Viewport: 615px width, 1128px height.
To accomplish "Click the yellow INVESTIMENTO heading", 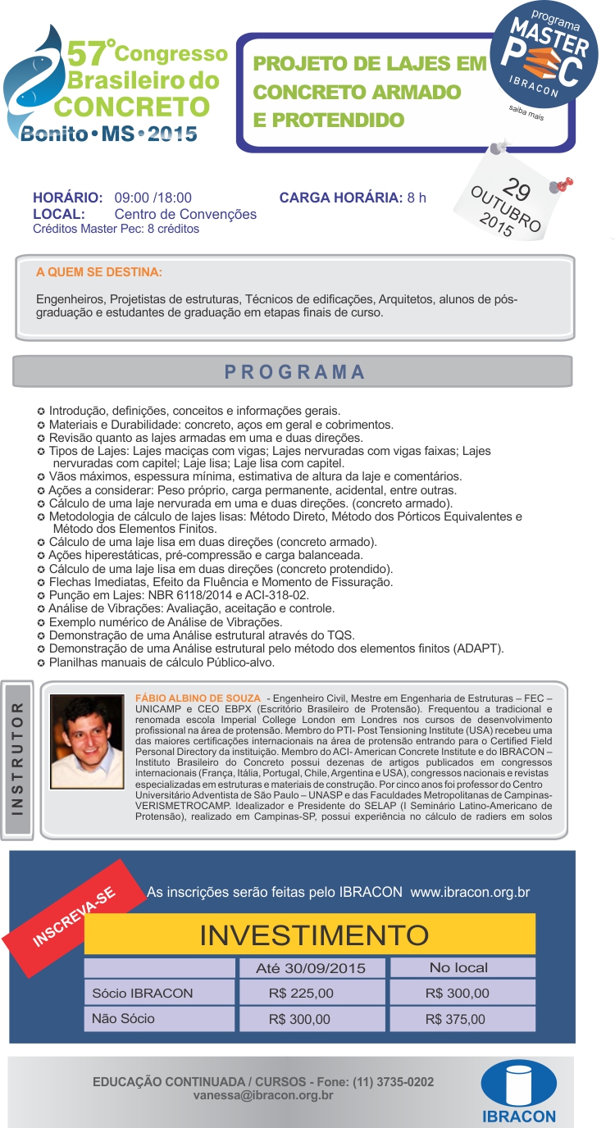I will pyautogui.click(x=314, y=935).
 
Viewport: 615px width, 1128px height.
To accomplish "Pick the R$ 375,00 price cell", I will pyautogui.click(x=456, y=1020).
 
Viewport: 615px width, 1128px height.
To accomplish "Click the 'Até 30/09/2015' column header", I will pyautogui.click(x=311, y=968).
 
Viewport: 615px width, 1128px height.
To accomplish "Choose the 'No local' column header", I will pyautogui.click(x=458, y=967).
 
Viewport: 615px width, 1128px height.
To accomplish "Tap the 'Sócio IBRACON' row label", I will pyautogui.click(x=143, y=994).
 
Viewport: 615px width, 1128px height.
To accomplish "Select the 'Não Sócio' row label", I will pyautogui.click(x=124, y=1019).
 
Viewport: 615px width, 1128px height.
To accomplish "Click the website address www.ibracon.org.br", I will pyautogui.click(x=470, y=892).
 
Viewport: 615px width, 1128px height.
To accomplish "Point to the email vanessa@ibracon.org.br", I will pyautogui.click(x=263, y=1094).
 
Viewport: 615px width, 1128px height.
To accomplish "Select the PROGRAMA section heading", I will pyautogui.click(x=294, y=371).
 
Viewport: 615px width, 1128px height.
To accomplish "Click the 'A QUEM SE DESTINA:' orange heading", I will pyautogui.click(x=99, y=271).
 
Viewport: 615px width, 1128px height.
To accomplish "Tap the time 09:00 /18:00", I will pyautogui.click(x=153, y=198).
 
